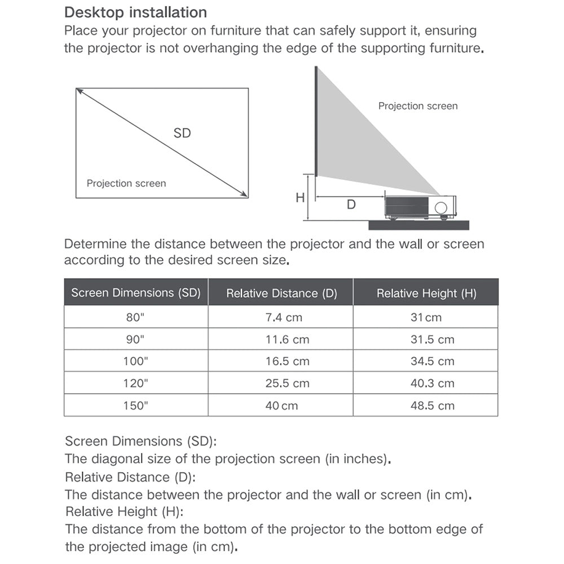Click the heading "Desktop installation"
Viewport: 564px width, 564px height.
click(135, 12)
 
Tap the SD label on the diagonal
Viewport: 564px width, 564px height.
click(182, 133)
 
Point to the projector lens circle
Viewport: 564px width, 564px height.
click(441, 206)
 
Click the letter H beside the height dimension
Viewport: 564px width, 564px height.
click(300, 197)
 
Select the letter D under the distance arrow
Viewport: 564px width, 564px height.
click(351, 205)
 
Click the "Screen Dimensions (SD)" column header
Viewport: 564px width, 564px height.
click(136, 293)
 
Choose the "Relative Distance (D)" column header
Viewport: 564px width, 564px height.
click(281, 293)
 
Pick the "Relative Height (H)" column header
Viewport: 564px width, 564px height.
click(426, 293)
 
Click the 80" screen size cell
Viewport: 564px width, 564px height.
click(136, 318)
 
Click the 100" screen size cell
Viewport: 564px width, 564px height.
click(136, 362)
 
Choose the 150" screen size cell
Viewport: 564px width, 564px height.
click(136, 406)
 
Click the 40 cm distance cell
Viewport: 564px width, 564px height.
click(281, 406)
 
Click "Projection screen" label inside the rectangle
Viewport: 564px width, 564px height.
click(126, 183)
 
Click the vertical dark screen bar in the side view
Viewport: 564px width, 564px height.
click(316, 121)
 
